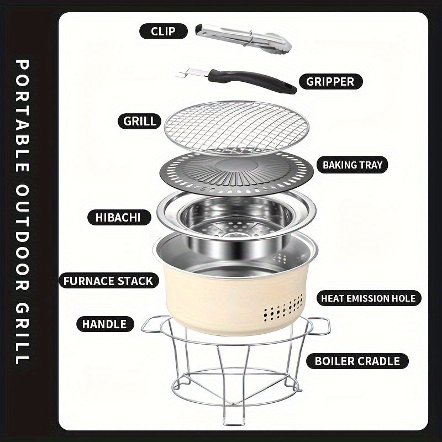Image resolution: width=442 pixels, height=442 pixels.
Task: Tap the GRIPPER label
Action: [330, 82]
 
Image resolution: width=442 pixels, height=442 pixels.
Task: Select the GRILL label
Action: [139, 120]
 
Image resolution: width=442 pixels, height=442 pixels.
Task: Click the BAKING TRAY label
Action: [352, 165]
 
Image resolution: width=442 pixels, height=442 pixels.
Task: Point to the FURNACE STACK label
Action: [108, 281]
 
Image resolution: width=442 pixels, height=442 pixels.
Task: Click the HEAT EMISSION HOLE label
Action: [369, 298]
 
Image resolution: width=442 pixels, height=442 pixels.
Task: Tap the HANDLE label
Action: [104, 324]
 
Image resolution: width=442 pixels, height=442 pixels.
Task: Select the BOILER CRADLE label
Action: [357, 361]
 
